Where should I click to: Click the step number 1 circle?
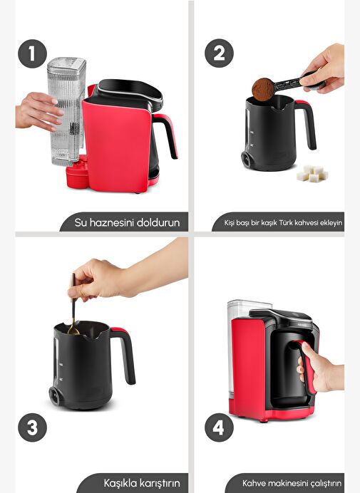pyautogui.click(x=32, y=53)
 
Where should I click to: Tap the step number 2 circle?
pyautogui.click(x=219, y=53)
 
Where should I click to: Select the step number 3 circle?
pyautogui.click(x=32, y=427)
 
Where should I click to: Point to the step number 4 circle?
pyautogui.click(x=219, y=427)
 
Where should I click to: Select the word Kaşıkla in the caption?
pyautogui.click(x=120, y=483)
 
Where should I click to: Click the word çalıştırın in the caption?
pyautogui.click(x=326, y=483)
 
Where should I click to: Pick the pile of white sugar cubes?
pyautogui.click(x=312, y=174)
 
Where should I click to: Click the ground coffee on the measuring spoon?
pyautogui.click(x=263, y=89)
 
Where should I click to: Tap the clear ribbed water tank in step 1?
pyautogui.click(x=66, y=112)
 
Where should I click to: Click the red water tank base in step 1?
pyautogui.click(x=77, y=172)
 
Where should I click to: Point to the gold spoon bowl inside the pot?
pyautogui.click(x=73, y=331)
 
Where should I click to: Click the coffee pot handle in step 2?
pyautogui.click(x=307, y=124)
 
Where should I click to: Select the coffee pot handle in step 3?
pyautogui.click(x=124, y=356)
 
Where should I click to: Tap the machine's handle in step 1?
pyautogui.click(x=166, y=135)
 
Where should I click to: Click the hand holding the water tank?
pyautogui.click(x=38, y=111)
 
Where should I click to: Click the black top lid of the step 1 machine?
pyautogui.click(x=130, y=90)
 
